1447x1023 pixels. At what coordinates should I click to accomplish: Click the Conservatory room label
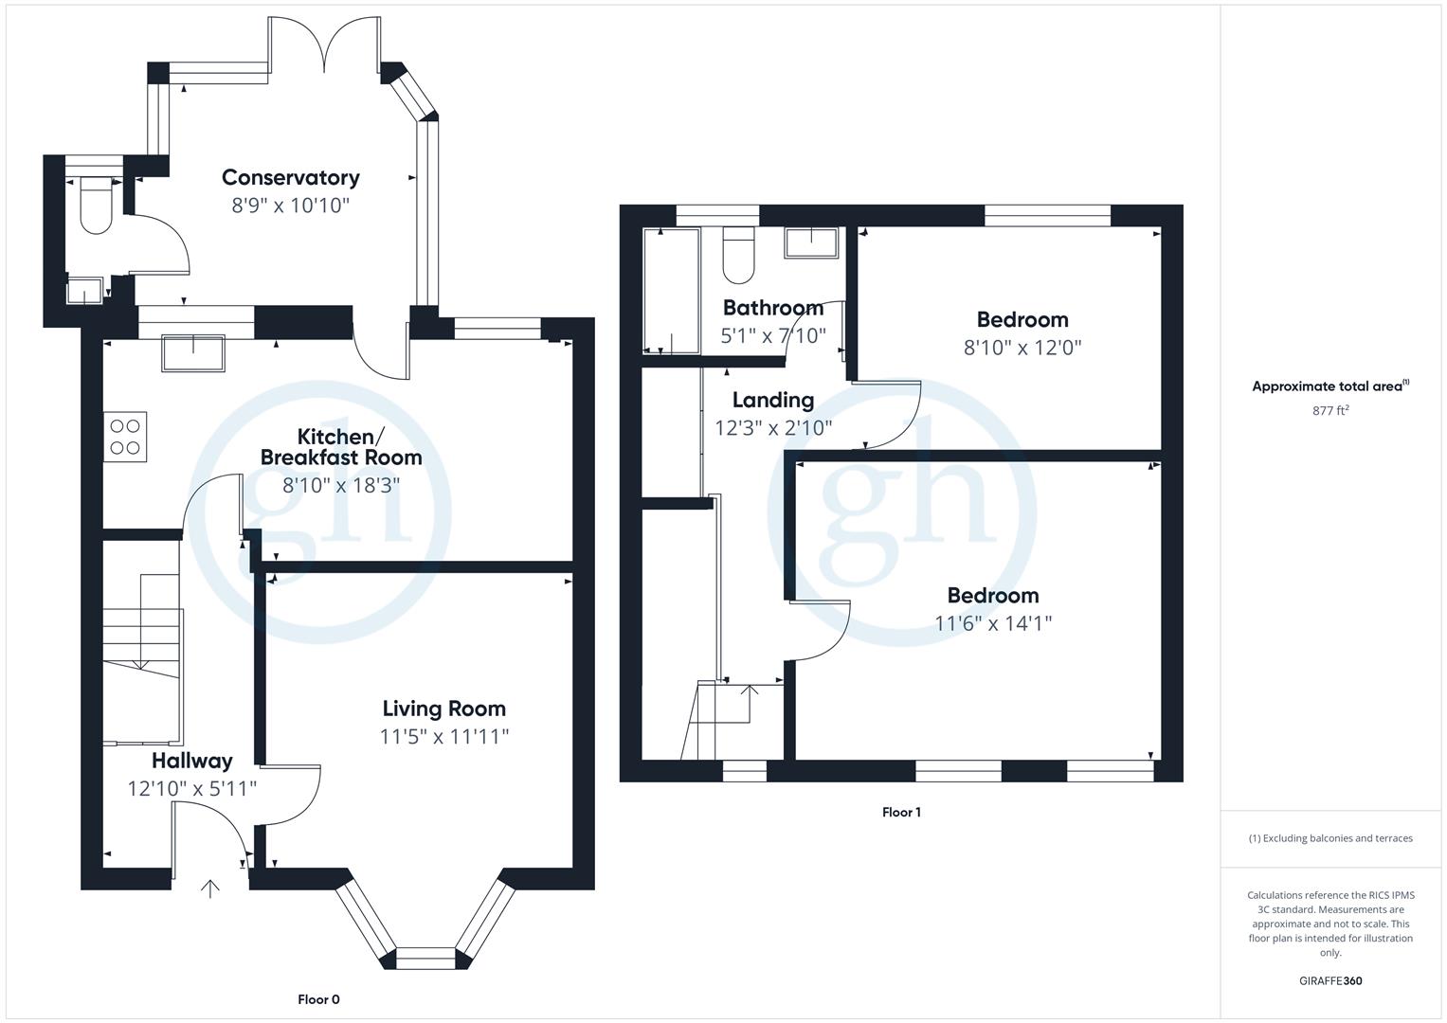[x=290, y=177]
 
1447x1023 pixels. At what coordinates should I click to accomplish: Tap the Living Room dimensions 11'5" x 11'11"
[x=443, y=736]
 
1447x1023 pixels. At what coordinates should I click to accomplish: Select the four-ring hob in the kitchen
[x=125, y=437]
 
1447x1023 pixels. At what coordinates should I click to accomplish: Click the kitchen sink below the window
[x=193, y=352]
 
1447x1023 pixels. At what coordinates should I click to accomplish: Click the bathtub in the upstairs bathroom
[x=671, y=290]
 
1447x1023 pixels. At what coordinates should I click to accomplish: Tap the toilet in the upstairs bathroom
[x=737, y=256]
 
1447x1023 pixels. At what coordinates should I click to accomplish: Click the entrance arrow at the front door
[x=209, y=888]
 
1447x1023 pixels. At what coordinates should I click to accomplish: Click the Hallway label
[x=191, y=761]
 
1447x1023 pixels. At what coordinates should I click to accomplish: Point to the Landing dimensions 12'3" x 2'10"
[x=772, y=428]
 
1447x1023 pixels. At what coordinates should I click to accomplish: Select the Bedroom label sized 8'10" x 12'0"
[x=1022, y=319]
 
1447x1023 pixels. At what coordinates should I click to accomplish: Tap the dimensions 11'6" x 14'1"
[x=993, y=623]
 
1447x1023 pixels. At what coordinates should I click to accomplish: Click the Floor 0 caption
[x=318, y=999]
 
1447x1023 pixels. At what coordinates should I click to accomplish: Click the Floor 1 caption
[x=900, y=812]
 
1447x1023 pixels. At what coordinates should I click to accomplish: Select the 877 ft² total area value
[x=1329, y=410]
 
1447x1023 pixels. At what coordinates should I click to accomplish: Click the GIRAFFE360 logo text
[x=1329, y=981]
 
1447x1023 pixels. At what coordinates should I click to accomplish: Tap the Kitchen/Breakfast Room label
[x=341, y=446]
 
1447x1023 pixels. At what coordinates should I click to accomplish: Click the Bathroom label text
[x=772, y=308]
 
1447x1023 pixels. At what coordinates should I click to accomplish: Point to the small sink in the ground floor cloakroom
[x=85, y=290]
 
